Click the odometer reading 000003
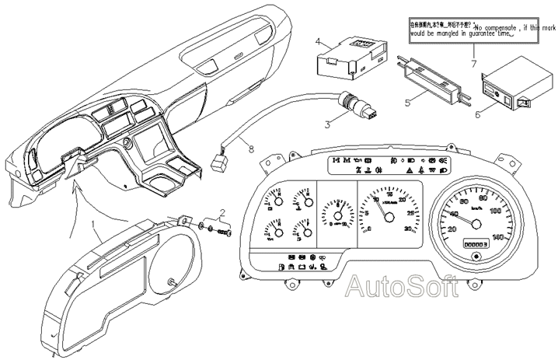click(x=474, y=243)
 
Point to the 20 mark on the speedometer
click(x=452, y=229)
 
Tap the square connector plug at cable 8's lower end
click(x=217, y=162)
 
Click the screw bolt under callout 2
click(x=226, y=231)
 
